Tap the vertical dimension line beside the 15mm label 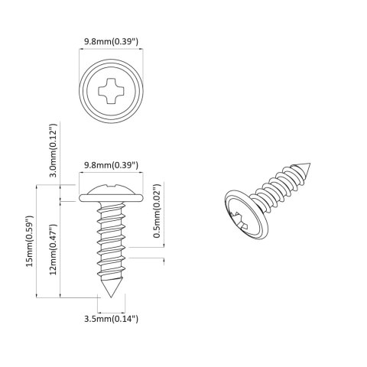37,241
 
